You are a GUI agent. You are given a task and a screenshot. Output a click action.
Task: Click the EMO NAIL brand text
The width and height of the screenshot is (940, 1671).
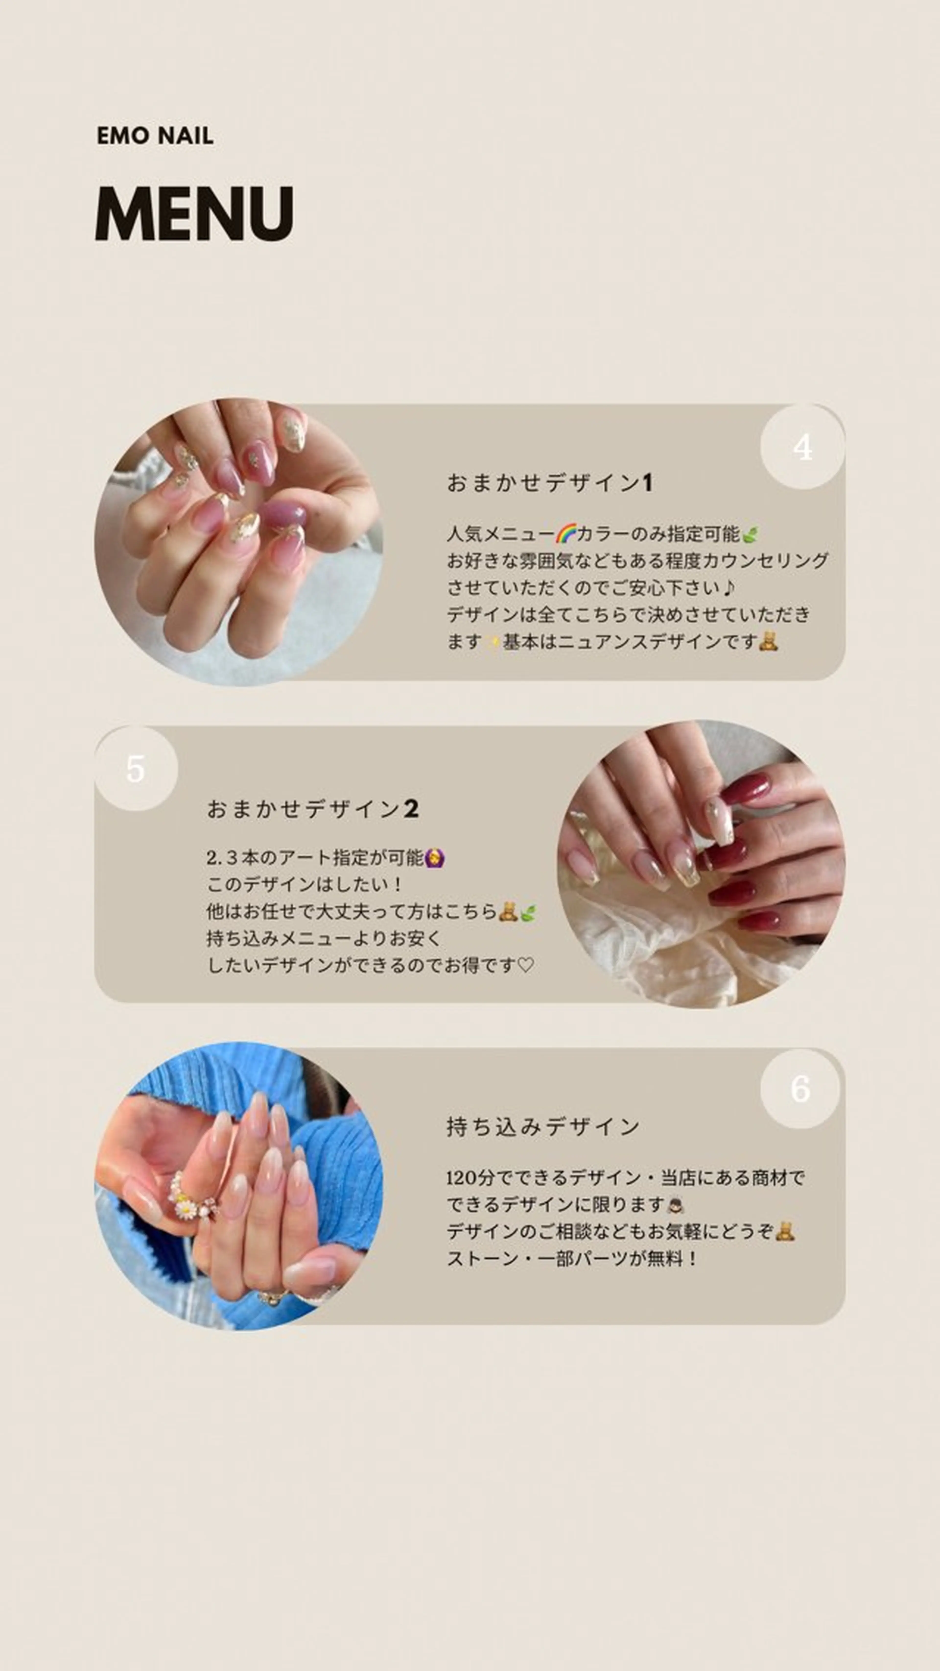click(155, 136)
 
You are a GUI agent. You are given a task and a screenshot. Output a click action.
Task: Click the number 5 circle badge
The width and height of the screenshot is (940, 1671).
click(136, 769)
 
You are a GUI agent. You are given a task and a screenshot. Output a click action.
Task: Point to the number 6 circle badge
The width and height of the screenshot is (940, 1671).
click(800, 1089)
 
